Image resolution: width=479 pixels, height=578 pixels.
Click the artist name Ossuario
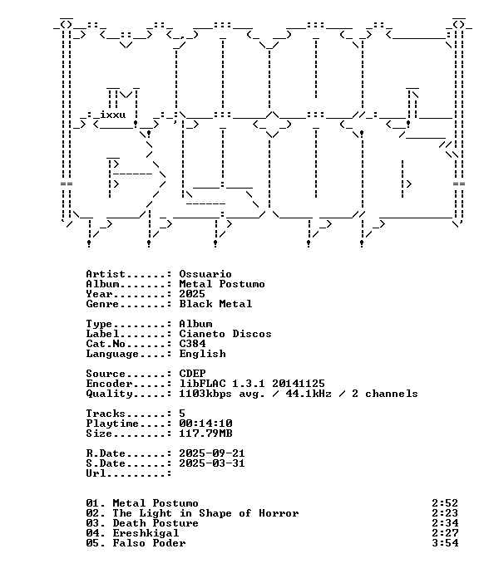tap(205, 274)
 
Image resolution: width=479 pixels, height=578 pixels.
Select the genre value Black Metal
tap(215, 304)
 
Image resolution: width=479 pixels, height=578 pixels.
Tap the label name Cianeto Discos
tap(225, 334)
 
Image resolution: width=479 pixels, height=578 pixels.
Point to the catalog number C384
tap(192, 344)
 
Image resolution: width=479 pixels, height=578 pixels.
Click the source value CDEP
tap(192, 374)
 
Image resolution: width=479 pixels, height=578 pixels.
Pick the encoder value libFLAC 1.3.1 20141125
tap(252, 384)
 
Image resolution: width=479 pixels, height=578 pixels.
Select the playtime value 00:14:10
tap(205, 424)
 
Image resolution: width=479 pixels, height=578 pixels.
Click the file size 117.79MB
tap(205, 433)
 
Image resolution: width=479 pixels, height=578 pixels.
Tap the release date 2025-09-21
tap(212, 453)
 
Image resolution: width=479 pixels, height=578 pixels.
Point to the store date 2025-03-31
tap(212, 463)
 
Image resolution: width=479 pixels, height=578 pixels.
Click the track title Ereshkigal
tap(146, 533)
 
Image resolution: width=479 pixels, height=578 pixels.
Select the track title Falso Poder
tap(149, 543)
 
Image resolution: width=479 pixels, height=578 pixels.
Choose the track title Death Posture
tap(156, 523)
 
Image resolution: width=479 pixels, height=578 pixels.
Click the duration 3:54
tap(445, 543)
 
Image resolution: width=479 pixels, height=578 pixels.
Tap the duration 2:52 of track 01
tap(445, 503)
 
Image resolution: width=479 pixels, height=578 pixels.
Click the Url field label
tap(96, 473)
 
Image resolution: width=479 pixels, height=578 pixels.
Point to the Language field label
tap(112, 354)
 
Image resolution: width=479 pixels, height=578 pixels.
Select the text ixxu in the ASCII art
tap(113, 115)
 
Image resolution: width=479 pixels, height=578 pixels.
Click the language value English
tap(202, 354)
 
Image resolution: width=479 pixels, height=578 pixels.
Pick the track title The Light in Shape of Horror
tap(205, 513)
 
